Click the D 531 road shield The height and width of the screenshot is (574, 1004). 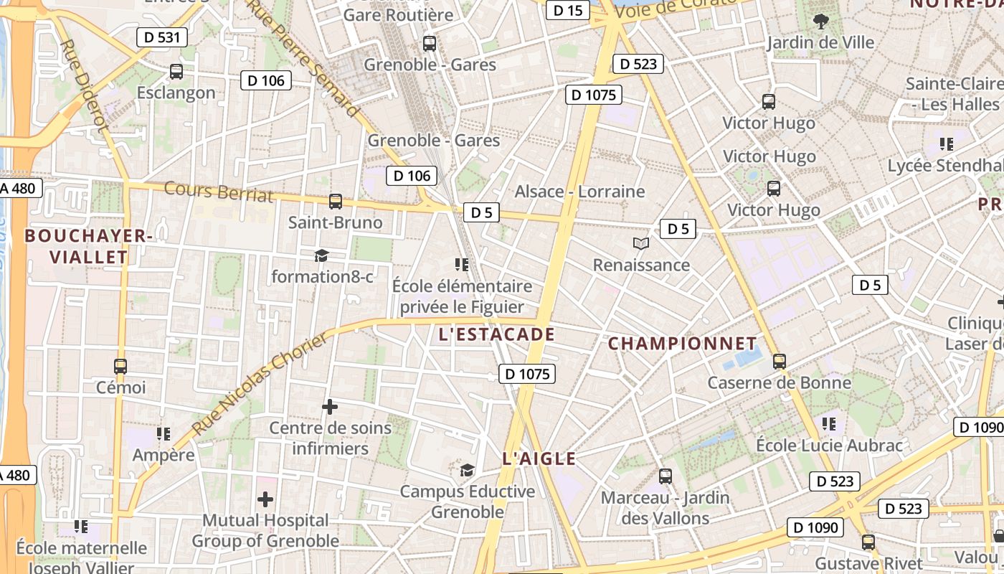(161, 37)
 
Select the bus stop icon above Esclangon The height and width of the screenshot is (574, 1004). (176, 72)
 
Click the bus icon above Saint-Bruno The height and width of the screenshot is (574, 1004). (335, 202)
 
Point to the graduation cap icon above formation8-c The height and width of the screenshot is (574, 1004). (321, 255)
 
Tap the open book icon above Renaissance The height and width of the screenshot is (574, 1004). (641, 244)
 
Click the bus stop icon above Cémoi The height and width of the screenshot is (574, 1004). (120, 367)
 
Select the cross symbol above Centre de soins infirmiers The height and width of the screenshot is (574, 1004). (330, 408)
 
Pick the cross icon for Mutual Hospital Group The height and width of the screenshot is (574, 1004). (265, 499)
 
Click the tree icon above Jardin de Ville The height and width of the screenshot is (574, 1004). (820, 22)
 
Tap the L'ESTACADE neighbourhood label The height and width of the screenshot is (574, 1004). (497, 334)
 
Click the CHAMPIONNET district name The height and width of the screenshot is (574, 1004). (682, 344)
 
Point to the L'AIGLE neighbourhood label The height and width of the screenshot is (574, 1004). (539, 458)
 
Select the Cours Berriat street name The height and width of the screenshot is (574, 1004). (219, 192)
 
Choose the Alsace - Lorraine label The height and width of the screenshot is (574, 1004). (579, 192)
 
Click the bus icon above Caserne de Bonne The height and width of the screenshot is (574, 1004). (780, 362)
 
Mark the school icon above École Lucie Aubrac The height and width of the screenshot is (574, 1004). (829, 424)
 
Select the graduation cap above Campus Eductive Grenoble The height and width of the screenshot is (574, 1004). (467, 471)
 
